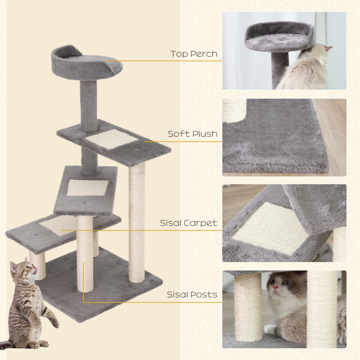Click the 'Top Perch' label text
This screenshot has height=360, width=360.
pos(194,54)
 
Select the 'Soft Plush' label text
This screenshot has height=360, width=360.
pos(193,134)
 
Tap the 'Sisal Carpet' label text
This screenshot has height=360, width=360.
pos(188,223)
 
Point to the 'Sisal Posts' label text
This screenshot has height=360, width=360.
pos(192,295)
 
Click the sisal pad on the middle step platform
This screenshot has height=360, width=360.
pos(87,188)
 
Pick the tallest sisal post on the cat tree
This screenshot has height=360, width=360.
pos(137,222)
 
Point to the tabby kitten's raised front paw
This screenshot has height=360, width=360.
pos(55,322)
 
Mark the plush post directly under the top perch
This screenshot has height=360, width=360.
pos(88,105)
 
